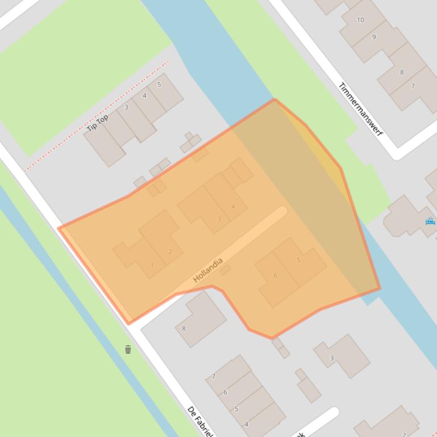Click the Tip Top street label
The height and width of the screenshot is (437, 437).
tap(98, 123)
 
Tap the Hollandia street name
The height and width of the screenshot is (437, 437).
tap(207, 271)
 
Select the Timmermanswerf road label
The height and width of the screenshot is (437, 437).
tap(361, 110)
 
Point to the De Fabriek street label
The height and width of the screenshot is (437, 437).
tap(200, 421)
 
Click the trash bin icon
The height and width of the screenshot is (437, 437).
tap(128, 349)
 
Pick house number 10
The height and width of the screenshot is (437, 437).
tap(360, 20)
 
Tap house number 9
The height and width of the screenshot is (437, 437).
tap(374, 37)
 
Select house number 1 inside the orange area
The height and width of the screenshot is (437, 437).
tap(152, 265)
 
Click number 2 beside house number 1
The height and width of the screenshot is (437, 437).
tap(170, 251)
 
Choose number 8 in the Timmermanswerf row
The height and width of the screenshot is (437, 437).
tap(402, 72)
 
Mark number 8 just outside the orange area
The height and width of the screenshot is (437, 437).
tap(184, 328)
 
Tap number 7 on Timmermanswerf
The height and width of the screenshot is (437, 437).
tap(413, 86)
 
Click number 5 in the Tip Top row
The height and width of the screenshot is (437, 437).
tap(159, 85)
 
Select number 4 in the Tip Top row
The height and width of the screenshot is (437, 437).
tap(144, 95)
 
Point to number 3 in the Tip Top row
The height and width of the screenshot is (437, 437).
tap(126, 107)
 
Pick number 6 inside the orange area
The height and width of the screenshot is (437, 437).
tap(276, 275)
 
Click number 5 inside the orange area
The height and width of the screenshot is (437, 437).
tap(298, 260)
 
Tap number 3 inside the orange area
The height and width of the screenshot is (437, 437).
tap(219, 219)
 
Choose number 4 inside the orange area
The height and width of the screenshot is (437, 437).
tap(233, 207)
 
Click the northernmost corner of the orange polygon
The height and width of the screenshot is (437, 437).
tap(274, 99)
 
